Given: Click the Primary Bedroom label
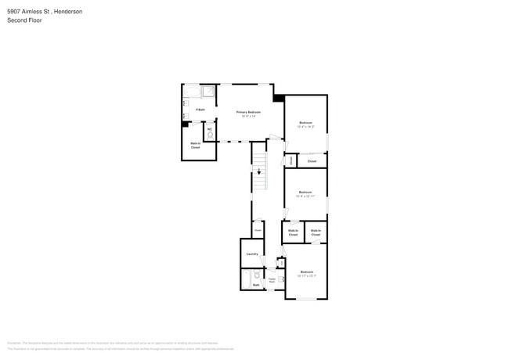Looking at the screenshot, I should click(x=249, y=112).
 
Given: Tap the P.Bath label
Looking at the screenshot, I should click(x=200, y=110).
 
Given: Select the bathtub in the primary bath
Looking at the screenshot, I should click(x=192, y=92).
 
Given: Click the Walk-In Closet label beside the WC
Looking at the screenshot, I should click(x=196, y=145).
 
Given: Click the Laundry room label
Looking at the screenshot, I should click(x=252, y=254).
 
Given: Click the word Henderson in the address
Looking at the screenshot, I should click(x=66, y=12).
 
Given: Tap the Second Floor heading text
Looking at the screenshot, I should click(x=24, y=20).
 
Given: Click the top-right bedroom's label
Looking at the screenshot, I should click(x=306, y=123).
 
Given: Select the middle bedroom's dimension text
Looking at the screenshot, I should click(x=306, y=196).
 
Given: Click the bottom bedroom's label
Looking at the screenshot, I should click(x=306, y=272).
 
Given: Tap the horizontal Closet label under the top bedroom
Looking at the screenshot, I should click(x=312, y=161).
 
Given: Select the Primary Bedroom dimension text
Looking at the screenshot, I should click(x=249, y=117).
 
